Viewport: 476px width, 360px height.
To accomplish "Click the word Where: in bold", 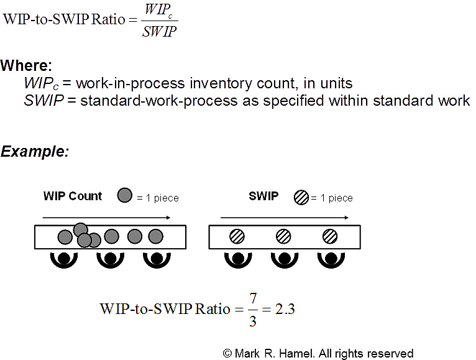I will click(26, 66).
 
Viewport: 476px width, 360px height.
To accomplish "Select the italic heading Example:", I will click(35, 151).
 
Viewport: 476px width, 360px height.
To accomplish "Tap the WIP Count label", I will click(72, 196).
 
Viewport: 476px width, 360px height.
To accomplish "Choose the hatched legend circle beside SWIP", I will click(302, 198).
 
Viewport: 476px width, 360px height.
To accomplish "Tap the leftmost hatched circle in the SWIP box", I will click(237, 236).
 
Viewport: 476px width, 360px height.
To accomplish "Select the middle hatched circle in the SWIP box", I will click(283, 236).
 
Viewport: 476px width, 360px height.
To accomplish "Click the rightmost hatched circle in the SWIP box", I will click(329, 236).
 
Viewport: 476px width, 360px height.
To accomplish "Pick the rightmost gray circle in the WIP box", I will click(155, 236).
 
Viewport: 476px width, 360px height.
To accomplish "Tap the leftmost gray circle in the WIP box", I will click(64, 237).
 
